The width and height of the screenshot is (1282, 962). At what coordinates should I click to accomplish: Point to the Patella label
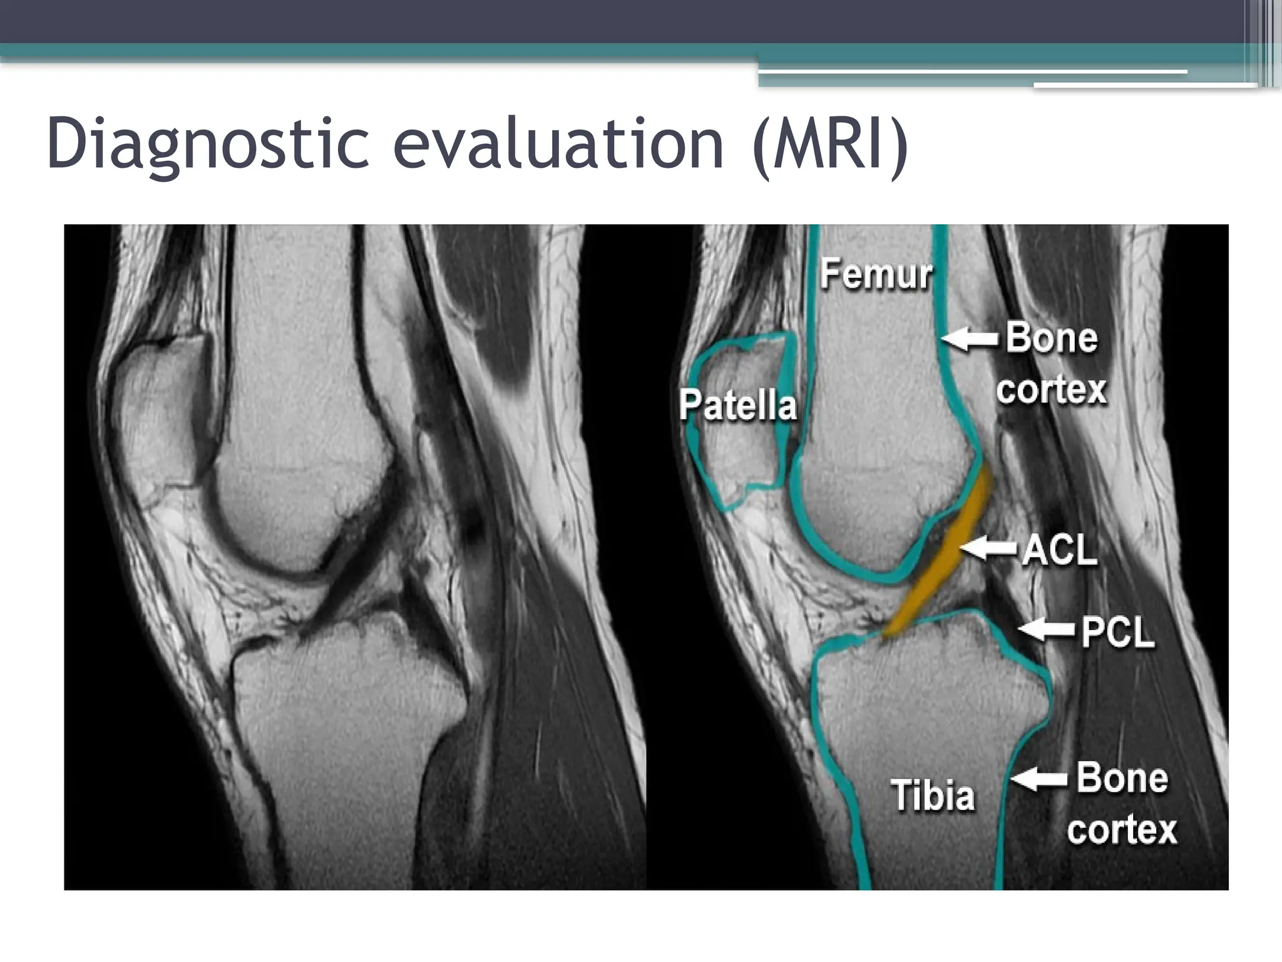pos(737,405)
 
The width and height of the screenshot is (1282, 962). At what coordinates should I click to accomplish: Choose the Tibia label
pos(932,796)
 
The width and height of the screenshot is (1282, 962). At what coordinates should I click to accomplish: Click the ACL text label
pos(1059,551)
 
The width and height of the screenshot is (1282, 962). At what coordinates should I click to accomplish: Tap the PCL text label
pos(1117,632)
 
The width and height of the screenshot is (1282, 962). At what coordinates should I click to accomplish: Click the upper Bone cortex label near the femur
pos(1052,363)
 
